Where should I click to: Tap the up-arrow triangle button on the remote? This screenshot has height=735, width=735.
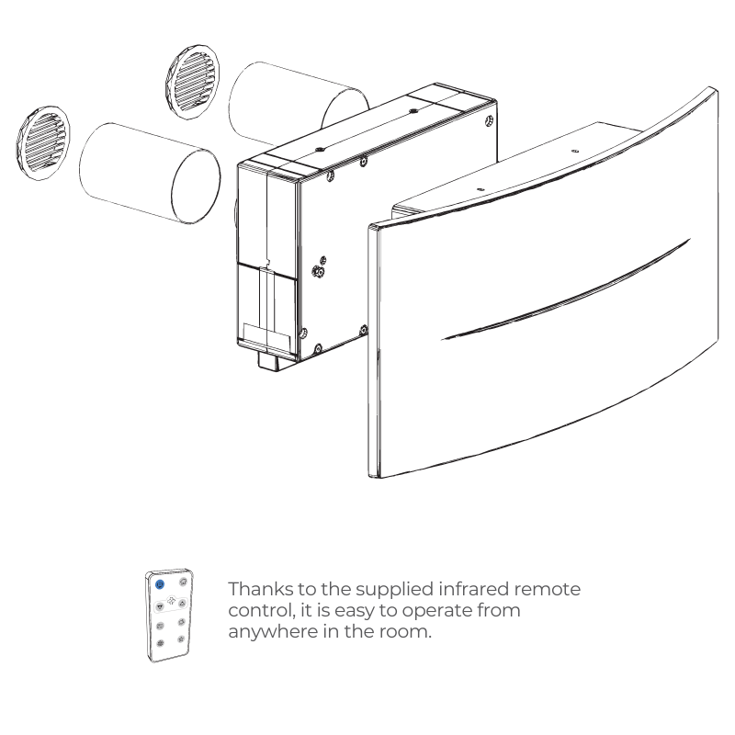182,603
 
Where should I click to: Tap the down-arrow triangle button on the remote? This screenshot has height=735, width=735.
159,606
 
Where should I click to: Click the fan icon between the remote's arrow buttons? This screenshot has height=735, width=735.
171,602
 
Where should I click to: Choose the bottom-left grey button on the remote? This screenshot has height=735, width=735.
160,643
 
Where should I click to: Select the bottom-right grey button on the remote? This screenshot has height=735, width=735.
181,639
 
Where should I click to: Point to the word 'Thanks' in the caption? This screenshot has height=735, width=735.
260,589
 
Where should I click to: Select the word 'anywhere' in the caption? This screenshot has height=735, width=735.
273,632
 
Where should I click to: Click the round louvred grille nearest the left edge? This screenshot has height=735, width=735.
43,143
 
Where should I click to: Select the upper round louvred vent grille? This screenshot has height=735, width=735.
192,82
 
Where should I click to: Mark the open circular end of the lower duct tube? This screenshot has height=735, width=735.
196,187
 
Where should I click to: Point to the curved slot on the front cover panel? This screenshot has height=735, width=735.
566,289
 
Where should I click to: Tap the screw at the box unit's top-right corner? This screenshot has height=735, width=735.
489,120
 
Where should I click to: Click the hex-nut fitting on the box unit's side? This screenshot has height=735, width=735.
318,272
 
